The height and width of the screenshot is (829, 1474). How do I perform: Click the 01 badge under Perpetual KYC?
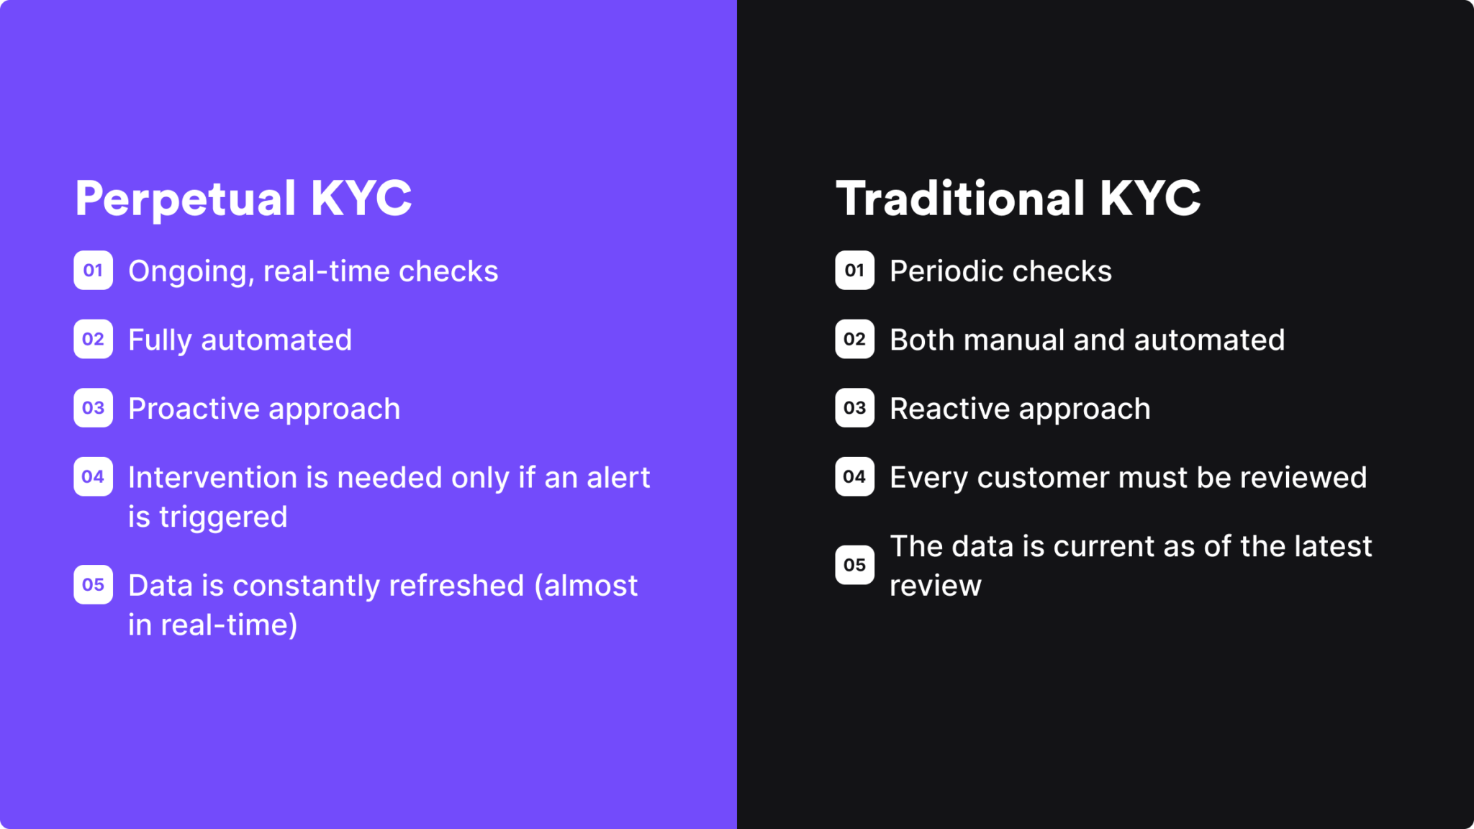[93, 271]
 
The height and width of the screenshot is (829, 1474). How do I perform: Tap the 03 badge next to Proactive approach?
[93, 408]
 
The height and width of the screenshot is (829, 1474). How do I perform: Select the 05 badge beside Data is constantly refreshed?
[93, 585]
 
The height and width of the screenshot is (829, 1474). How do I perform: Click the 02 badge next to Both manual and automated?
[854, 339]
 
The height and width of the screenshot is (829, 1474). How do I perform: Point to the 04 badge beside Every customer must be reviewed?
[854, 476]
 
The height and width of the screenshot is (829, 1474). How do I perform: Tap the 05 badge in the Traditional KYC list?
[854, 565]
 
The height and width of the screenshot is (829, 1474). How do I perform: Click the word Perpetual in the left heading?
[185, 199]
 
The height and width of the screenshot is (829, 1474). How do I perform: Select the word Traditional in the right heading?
[960, 199]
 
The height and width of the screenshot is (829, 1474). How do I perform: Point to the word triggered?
[223, 517]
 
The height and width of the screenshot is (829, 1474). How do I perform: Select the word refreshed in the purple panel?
[456, 586]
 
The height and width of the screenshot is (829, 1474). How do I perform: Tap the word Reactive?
[950, 409]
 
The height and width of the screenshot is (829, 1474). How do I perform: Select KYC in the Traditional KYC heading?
[1150, 199]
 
